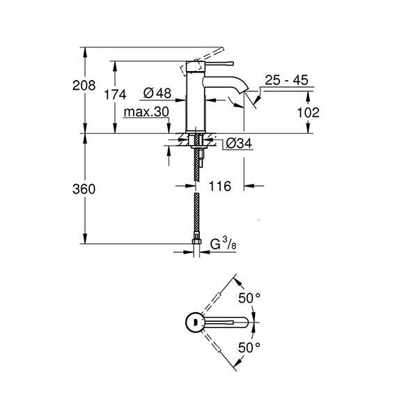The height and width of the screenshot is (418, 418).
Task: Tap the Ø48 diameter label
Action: pos(158,93)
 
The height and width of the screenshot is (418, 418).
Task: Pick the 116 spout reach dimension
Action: pos(219,186)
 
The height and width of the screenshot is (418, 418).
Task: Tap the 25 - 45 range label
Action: pos(286,81)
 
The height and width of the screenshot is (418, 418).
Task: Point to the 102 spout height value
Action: pos(308,111)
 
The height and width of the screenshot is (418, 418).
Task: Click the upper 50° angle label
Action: pos(249,298)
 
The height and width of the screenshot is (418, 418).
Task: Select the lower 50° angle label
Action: pos(249,346)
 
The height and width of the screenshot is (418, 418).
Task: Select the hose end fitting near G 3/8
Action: pos(196,245)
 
